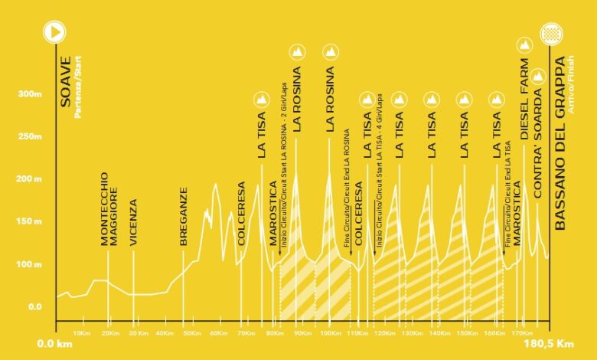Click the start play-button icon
55,31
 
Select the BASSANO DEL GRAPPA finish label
560,142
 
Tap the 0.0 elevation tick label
35,307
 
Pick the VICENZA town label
133,222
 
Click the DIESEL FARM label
525,99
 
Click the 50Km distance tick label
191,334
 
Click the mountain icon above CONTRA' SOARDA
538,76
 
